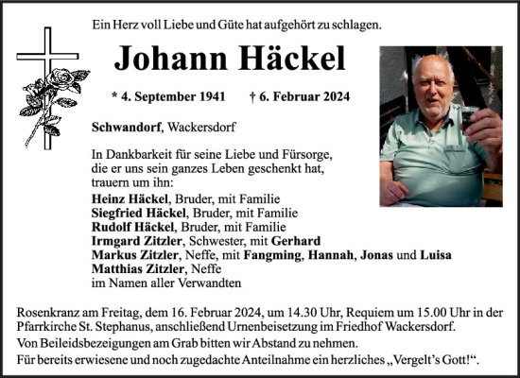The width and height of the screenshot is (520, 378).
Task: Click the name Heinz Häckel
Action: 130,199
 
